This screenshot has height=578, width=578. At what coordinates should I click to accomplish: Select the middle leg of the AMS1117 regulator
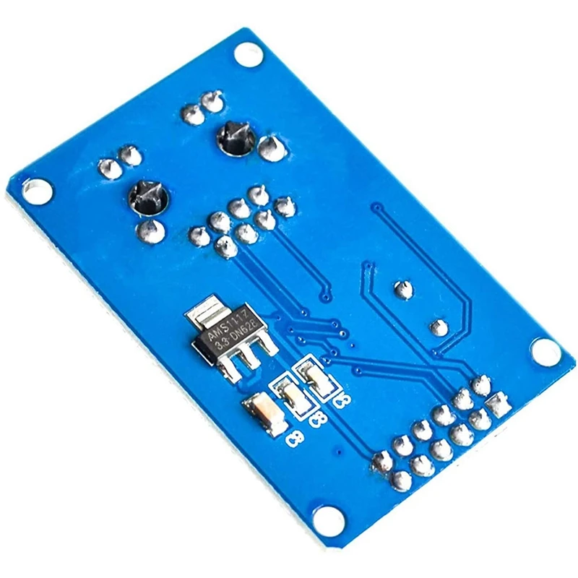(x=249, y=362)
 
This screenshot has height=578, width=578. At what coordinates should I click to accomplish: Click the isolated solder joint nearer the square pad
(x=439, y=327)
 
